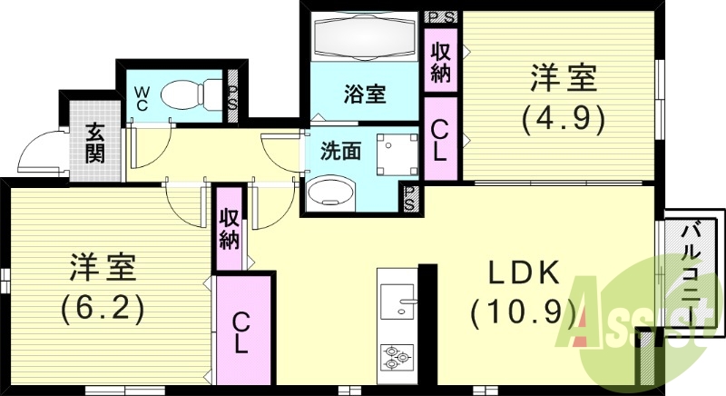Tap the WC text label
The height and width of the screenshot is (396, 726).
coord(142,96)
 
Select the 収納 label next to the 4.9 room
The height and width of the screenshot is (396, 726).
coord(441,61)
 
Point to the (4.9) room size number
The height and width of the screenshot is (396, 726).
coord(563,118)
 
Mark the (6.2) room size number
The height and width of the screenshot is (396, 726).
coord(103,309)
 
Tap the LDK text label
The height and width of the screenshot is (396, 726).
coord(525,273)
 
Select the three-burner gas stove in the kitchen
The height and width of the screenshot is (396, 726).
coord(397,356)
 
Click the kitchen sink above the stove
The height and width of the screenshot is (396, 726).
coord(397,300)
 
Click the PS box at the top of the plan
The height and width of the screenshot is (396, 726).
coord(441,16)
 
